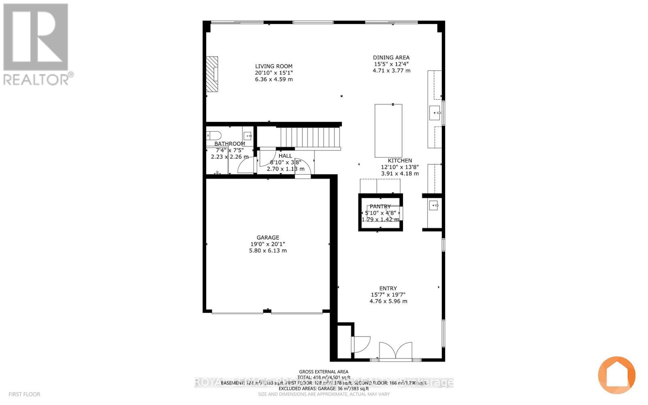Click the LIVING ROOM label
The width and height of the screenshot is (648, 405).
[273, 66]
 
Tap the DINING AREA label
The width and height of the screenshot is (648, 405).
[391, 58]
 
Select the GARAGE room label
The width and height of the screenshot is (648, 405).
[268, 238]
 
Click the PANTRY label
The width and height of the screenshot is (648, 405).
[380, 207]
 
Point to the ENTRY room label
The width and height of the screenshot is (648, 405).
[388, 288]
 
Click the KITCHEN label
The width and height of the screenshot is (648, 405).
[400, 161]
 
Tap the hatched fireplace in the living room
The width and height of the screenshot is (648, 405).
[212, 74]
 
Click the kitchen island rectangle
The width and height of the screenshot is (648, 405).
[388, 130]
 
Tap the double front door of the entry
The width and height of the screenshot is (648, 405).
[396, 351]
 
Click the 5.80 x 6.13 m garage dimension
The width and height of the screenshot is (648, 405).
[268, 251]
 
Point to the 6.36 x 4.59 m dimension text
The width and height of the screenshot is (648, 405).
[273, 79]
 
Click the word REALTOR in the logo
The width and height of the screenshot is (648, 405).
[36, 79]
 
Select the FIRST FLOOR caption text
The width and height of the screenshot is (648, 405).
[24, 394]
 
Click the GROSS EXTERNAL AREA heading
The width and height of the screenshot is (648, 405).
[324, 372]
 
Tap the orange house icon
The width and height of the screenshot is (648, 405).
[616, 375]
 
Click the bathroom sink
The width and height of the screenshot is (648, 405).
[247, 136]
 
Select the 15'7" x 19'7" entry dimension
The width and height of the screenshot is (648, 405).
[388, 295]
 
